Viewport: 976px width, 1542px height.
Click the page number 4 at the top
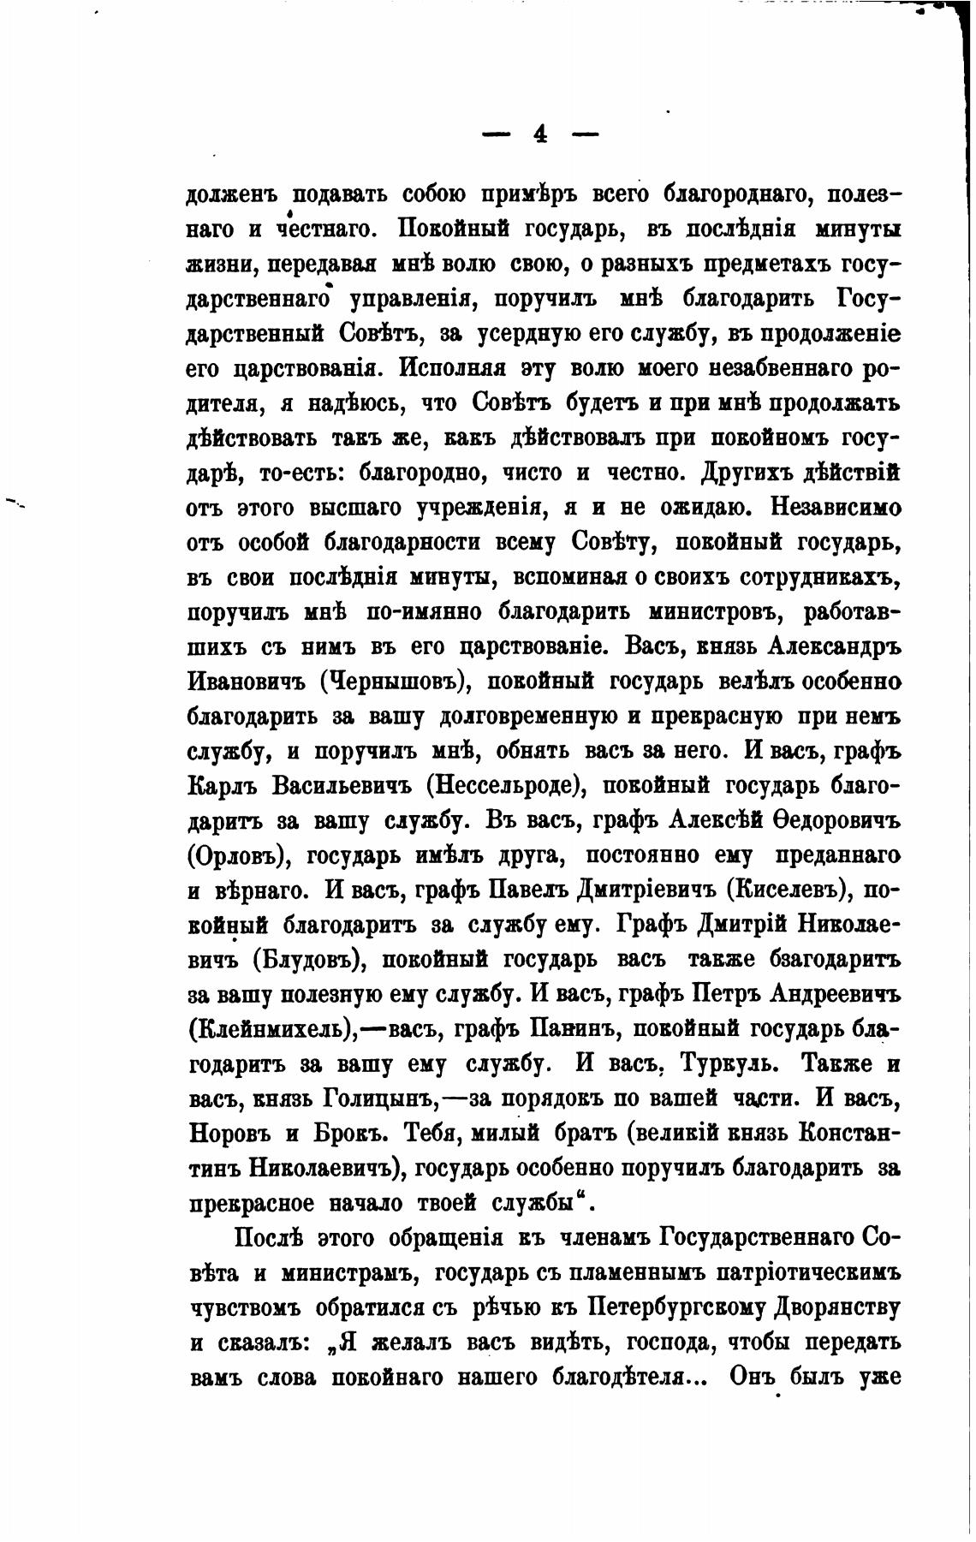click(539, 134)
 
